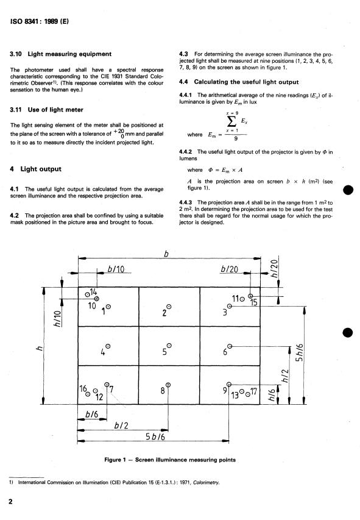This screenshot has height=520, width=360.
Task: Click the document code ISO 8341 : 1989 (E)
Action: click(x=40, y=21)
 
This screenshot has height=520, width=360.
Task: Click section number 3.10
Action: click(x=16, y=54)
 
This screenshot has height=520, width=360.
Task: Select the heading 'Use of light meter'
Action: click(x=55, y=110)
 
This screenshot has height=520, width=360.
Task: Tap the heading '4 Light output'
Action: click(x=35, y=169)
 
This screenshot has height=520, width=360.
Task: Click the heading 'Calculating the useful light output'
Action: click(x=246, y=82)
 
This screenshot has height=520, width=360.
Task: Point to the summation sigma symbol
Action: click(x=231, y=121)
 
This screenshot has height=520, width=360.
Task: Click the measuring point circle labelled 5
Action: click(x=169, y=346)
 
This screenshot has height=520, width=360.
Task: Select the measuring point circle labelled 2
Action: click(x=169, y=307)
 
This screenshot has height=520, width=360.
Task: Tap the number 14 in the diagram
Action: click(x=93, y=292)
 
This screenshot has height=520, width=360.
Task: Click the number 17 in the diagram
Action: click(x=253, y=391)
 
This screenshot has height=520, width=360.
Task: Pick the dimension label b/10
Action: click(x=116, y=269)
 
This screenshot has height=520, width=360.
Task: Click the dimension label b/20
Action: click(x=230, y=269)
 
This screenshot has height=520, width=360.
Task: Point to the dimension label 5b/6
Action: click(x=155, y=436)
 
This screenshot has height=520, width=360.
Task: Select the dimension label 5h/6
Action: click(x=299, y=352)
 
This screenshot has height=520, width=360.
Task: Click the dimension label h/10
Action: click(x=58, y=319)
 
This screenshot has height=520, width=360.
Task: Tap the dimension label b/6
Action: click(x=92, y=414)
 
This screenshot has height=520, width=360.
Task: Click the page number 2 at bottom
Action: click(x=10, y=502)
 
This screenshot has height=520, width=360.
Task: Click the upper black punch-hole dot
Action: click(x=348, y=190)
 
